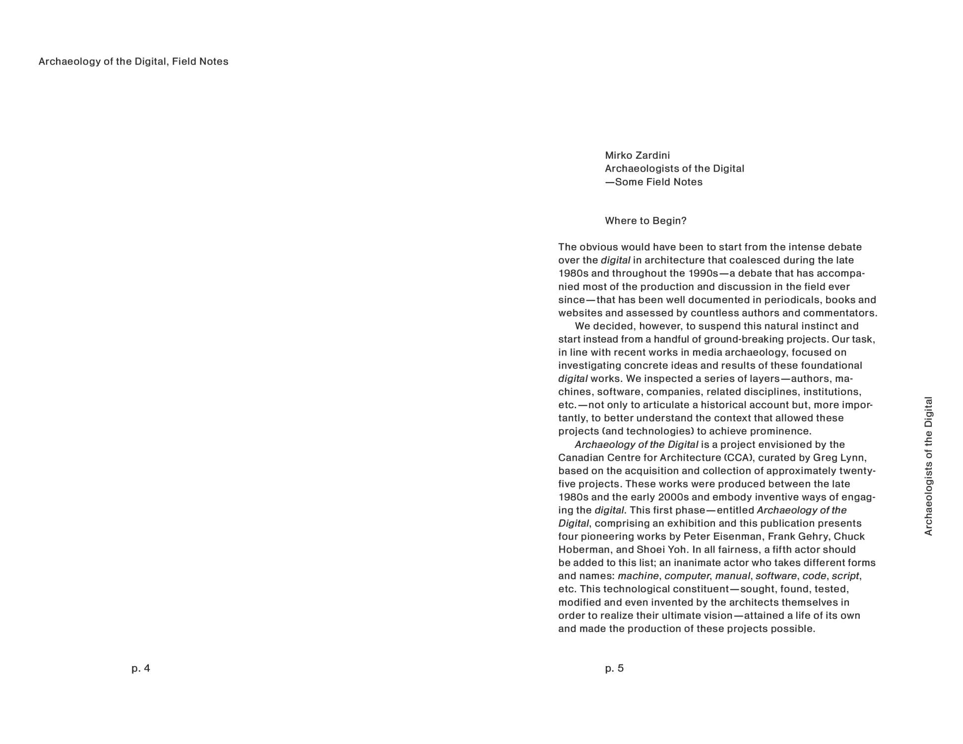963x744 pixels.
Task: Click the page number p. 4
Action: click(140, 668)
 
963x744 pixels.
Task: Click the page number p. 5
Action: click(614, 668)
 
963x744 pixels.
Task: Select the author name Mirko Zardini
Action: click(637, 155)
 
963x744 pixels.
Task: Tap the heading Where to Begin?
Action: click(645, 221)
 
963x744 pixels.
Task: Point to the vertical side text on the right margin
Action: click(928, 466)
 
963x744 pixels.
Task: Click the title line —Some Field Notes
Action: click(653, 182)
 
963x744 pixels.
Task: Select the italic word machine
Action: click(638, 576)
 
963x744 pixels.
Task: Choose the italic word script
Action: click(845, 576)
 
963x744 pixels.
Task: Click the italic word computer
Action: click(687, 576)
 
